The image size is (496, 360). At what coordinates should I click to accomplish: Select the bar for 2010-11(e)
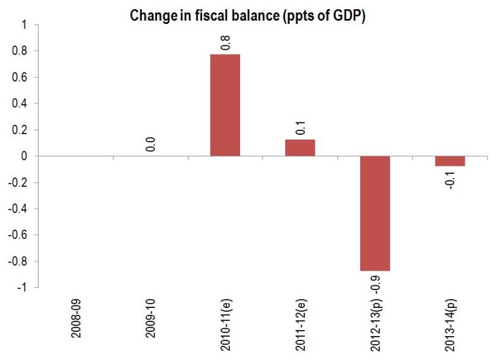[225, 105]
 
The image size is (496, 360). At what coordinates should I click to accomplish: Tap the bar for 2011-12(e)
[300, 148]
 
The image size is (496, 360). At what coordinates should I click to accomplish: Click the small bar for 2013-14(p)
[450, 161]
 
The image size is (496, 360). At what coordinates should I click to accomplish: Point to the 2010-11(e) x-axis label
[227, 323]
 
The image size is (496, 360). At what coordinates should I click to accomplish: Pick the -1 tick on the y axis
[22, 288]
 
